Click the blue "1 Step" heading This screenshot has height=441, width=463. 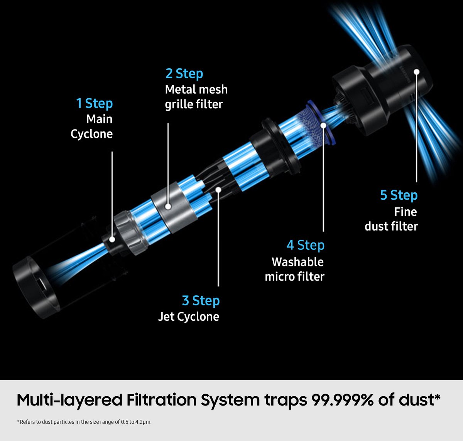[95, 104]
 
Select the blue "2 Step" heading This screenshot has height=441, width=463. [184, 74]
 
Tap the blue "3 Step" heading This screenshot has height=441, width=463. [201, 301]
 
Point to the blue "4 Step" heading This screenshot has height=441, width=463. [306, 245]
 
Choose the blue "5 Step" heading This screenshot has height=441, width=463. [399, 195]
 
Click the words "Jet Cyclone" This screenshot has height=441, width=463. [189, 316]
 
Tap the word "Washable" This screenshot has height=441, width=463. [298, 262]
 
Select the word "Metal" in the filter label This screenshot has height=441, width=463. [179, 89]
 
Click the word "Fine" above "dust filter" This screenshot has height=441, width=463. [406, 212]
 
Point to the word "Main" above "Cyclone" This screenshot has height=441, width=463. [100, 119]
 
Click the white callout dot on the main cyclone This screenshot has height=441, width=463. [112, 239]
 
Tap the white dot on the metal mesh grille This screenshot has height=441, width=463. [168, 207]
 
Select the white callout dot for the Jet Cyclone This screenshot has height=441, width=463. [218, 190]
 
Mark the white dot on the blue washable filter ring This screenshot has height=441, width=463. [323, 125]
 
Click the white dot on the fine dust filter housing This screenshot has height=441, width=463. [417, 72]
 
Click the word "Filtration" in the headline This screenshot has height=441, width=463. [162, 400]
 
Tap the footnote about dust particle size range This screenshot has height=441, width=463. [84, 422]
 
